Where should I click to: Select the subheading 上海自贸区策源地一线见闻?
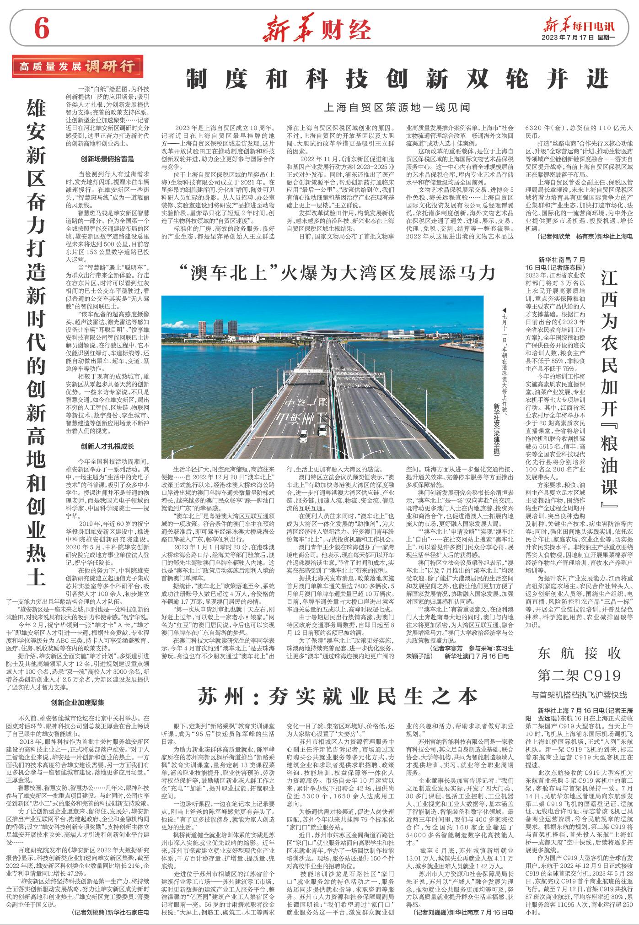(397, 108)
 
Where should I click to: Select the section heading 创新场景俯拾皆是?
(107, 159)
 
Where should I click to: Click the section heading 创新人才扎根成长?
(107, 445)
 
